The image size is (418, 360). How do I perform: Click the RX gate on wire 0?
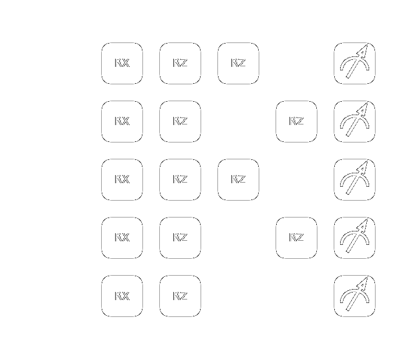click(x=122, y=63)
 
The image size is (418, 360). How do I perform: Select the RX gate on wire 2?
click(x=122, y=180)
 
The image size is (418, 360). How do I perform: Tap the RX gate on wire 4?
click(x=122, y=296)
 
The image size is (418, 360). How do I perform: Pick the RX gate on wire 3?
click(x=122, y=238)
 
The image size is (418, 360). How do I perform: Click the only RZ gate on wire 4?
click(x=180, y=296)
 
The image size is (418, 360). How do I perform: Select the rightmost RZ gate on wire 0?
click(x=238, y=63)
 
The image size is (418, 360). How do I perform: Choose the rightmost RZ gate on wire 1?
click(x=296, y=122)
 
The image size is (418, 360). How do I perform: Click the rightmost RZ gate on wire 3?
click(x=296, y=238)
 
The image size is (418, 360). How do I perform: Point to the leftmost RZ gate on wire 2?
click(x=180, y=180)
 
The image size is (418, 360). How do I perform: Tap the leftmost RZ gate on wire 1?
click(x=180, y=122)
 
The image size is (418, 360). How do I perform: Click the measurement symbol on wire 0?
click(x=355, y=63)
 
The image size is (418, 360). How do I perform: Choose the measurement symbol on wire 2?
click(x=355, y=180)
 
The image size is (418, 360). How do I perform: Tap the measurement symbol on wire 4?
click(x=355, y=296)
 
